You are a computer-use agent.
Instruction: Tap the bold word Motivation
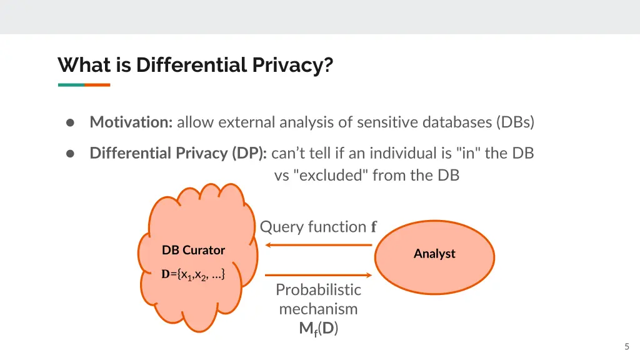(x=131, y=122)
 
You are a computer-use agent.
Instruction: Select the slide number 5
(x=627, y=347)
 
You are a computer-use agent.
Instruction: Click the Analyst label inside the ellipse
(x=434, y=254)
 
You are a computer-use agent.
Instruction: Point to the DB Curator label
(x=193, y=250)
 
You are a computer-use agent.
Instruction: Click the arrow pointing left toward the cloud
(x=319, y=245)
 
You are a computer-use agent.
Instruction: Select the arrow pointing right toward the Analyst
(x=319, y=274)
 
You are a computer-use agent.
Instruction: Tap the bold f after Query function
(x=374, y=227)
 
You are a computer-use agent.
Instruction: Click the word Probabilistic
(x=318, y=290)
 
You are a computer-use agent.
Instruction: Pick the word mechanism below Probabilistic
(x=318, y=309)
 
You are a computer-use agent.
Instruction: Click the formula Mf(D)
(x=318, y=329)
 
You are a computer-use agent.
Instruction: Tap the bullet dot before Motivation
(x=71, y=122)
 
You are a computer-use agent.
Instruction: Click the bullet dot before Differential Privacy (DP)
(x=71, y=153)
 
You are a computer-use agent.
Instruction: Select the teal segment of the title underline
(x=71, y=85)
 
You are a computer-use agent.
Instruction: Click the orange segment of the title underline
(x=97, y=85)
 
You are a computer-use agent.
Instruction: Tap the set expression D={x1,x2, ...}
(x=193, y=274)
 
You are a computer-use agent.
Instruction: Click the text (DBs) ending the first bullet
(x=516, y=122)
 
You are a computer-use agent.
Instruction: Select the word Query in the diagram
(x=278, y=227)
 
